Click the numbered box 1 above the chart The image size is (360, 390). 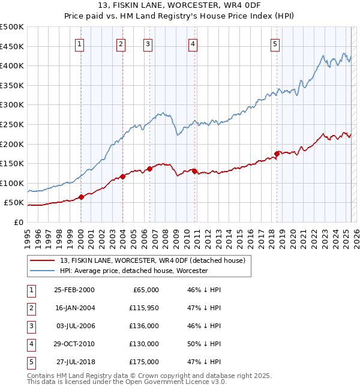(x=80, y=43)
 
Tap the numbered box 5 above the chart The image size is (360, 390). (x=275, y=43)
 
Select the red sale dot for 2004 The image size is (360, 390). (x=122, y=176)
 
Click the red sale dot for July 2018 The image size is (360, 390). (x=277, y=154)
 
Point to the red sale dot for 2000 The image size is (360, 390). (x=81, y=197)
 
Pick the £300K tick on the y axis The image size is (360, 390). (x=12, y=104)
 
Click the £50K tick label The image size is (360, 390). (x=14, y=203)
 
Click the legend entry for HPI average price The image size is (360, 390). (x=133, y=271)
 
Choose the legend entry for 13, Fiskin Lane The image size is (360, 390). (x=152, y=261)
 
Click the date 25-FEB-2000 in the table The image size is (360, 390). (x=74, y=290)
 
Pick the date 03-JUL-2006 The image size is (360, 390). (x=74, y=326)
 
